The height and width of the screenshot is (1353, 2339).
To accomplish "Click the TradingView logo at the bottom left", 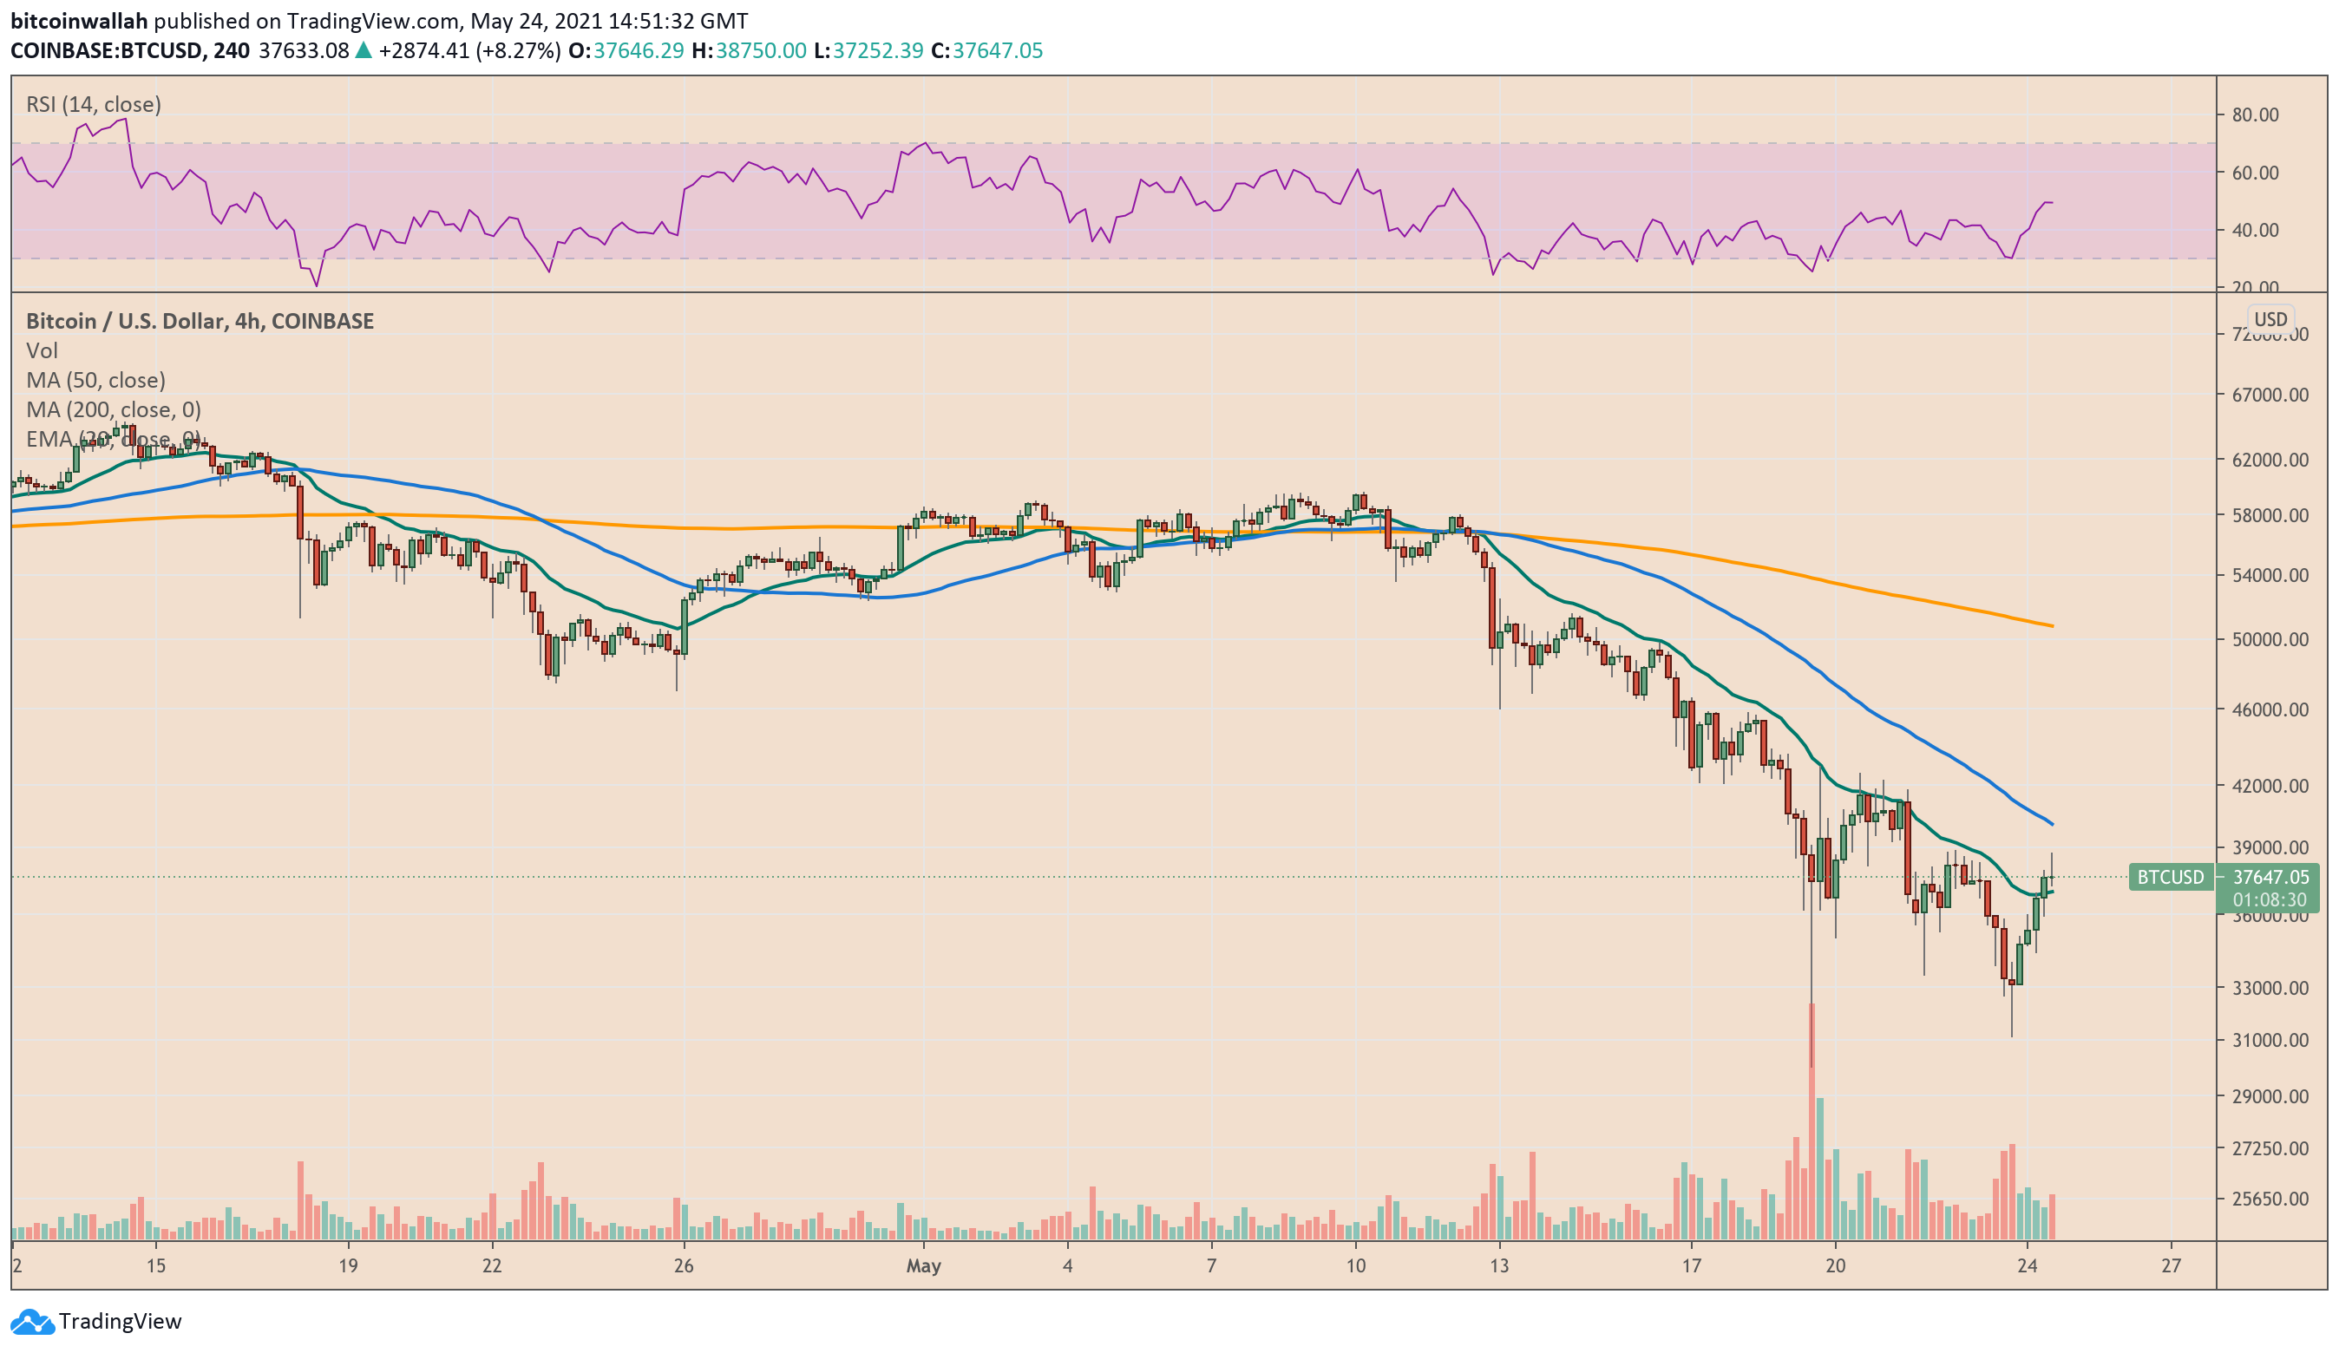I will coord(95,1321).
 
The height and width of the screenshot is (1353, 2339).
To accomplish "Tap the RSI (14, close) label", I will coord(93,104).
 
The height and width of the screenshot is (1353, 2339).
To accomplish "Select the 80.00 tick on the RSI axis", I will coord(2256,114).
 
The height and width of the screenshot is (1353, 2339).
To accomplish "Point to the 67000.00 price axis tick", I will coord(2270,395).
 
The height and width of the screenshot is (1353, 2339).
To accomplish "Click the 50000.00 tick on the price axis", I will coord(2270,639).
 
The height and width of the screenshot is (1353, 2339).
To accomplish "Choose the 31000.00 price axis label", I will coord(2270,1040).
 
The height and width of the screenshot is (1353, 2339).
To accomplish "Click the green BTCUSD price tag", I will coord(2169,877).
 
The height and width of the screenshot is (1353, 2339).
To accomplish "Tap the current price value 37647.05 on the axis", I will coord(2270,877).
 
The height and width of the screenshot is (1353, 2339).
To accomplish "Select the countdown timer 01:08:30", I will coord(2270,900).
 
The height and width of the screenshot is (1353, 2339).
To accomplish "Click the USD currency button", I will coord(2270,319).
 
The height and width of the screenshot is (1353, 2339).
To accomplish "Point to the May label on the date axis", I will coord(922,1265).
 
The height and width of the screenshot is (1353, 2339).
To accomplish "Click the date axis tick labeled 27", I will coord(2170,1265).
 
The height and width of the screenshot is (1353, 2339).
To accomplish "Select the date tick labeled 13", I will coord(1499,1265).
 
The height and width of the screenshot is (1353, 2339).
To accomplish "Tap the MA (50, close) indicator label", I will coord(95,380).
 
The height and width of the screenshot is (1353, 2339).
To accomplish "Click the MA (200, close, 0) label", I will coord(114,409).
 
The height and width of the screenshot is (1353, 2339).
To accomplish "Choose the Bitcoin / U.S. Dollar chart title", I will coord(200,321).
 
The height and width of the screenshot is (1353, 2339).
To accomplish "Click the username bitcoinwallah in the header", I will coord(79,21).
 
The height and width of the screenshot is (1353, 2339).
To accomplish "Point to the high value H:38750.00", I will coord(748,50).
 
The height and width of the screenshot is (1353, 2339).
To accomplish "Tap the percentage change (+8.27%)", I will coord(518,50).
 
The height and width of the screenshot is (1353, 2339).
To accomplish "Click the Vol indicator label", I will coord(42,350).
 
